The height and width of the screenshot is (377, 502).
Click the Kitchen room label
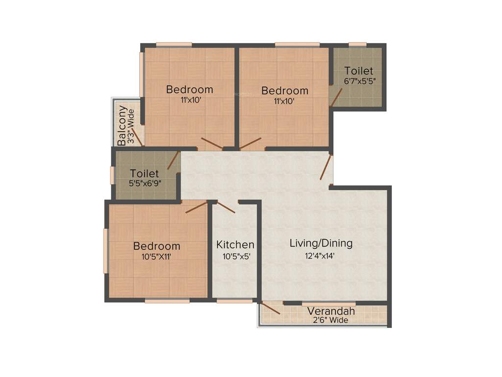point(235,244)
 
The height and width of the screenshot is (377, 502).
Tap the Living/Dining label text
point(321,243)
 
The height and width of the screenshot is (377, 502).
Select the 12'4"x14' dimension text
point(321,255)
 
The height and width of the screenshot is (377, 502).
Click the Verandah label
point(331,311)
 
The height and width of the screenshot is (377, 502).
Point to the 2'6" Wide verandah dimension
point(331,321)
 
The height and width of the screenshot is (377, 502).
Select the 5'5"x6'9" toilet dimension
point(145,183)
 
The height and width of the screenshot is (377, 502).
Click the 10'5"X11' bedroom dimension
point(156,256)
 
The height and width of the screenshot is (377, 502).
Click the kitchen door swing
point(226,208)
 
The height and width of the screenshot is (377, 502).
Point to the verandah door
point(270,309)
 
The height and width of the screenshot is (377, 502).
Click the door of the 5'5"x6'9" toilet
point(173,161)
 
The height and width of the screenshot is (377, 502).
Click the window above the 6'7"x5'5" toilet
point(357,45)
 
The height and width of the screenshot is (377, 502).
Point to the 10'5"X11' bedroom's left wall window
point(105,250)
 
